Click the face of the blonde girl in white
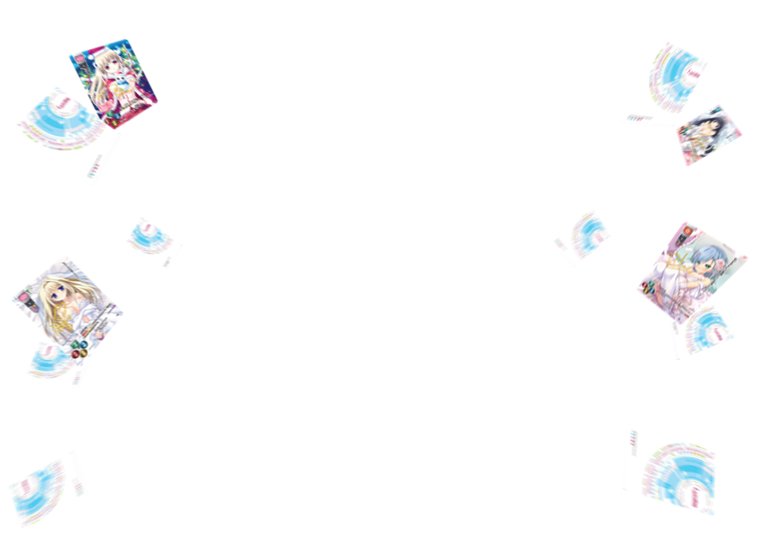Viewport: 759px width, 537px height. click(60, 292)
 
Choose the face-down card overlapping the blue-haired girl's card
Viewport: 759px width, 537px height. click(701, 333)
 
